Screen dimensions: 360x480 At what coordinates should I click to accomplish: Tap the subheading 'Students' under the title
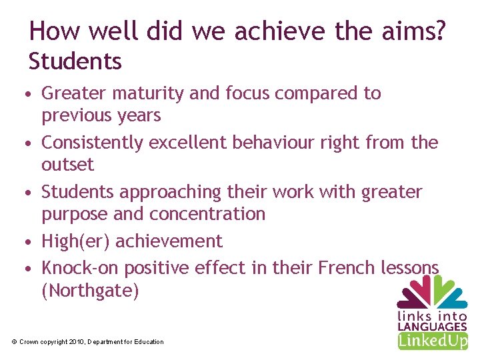point(75,61)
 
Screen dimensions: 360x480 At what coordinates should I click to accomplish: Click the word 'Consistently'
point(93,143)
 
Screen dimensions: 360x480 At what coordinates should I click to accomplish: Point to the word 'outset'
point(67,165)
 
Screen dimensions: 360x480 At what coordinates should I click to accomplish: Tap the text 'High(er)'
point(76,241)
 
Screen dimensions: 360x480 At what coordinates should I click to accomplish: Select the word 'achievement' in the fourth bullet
point(169,241)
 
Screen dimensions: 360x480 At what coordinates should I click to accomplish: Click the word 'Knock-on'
point(81,268)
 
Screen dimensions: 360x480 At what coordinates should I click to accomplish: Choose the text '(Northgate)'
point(90,291)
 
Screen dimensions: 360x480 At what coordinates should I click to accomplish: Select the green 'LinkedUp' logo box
point(433,341)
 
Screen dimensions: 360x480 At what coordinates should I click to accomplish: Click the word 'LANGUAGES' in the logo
point(432,327)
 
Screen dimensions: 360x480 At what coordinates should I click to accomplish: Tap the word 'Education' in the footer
point(148,342)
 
